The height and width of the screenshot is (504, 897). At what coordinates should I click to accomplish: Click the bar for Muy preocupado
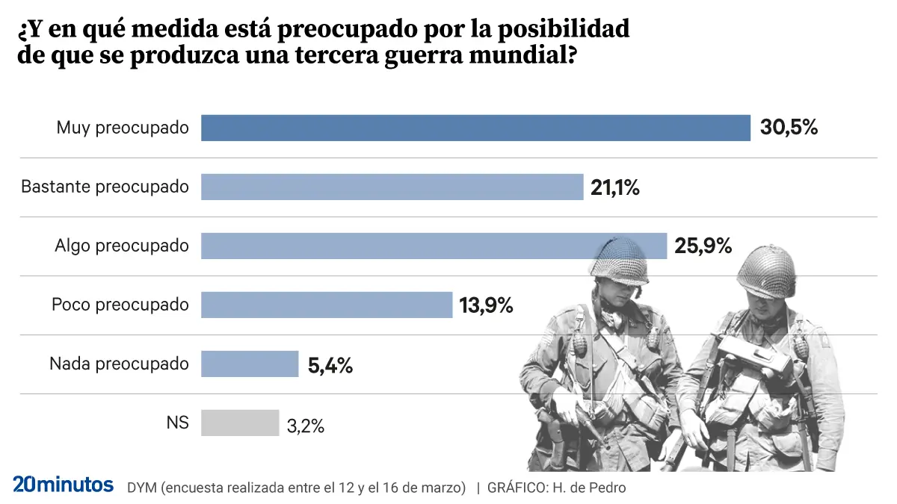pyautogui.click(x=475, y=128)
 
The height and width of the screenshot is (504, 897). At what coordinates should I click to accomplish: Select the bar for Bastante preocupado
pyautogui.click(x=392, y=187)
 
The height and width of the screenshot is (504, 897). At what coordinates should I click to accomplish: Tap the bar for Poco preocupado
pyautogui.click(x=327, y=305)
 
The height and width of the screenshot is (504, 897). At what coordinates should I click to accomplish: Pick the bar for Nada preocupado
pyautogui.click(x=250, y=364)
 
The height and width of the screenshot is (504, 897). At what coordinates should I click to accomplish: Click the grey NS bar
pyautogui.click(x=240, y=423)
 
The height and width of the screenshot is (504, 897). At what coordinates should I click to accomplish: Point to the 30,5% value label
pyautogui.click(x=789, y=128)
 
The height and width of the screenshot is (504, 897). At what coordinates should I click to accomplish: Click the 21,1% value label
pyautogui.click(x=614, y=187)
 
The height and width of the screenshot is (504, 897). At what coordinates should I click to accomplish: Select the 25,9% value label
pyautogui.click(x=703, y=245)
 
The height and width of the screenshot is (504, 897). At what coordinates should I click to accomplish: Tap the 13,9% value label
pyautogui.click(x=486, y=305)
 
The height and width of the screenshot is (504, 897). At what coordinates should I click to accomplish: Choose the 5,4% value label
pyautogui.click(x=330, y=365)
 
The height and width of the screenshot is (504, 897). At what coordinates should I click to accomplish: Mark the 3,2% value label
pyautogui.click(x=305, y=426)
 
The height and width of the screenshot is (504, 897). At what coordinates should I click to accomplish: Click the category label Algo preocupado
pyautogui.click(x=122, y=246)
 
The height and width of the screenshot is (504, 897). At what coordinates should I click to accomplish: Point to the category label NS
pyautogui.click(x=177, y=423)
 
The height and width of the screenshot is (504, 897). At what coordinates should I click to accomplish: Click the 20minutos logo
pyautogui.click(x=64, y=484)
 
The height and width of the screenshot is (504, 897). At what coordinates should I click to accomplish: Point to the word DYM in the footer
pyautogui.click(x=141, y=488)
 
